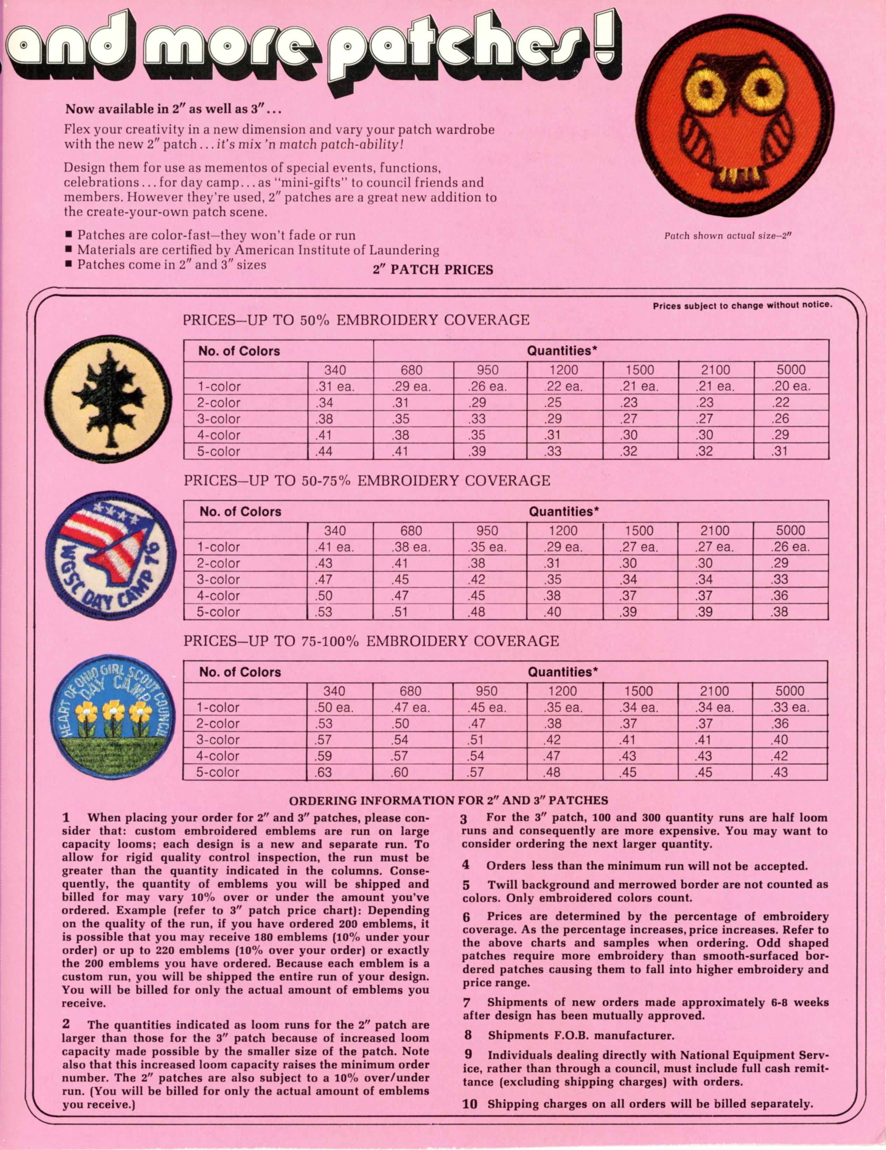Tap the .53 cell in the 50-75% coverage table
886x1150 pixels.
324,612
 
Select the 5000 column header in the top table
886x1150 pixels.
791,370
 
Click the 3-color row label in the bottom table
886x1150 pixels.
218,740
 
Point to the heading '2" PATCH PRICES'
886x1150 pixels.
433,270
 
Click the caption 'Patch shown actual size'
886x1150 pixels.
728,236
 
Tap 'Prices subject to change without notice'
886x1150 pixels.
742,305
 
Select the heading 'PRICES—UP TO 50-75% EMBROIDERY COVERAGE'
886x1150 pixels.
367,481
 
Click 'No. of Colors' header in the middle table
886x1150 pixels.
240,512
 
